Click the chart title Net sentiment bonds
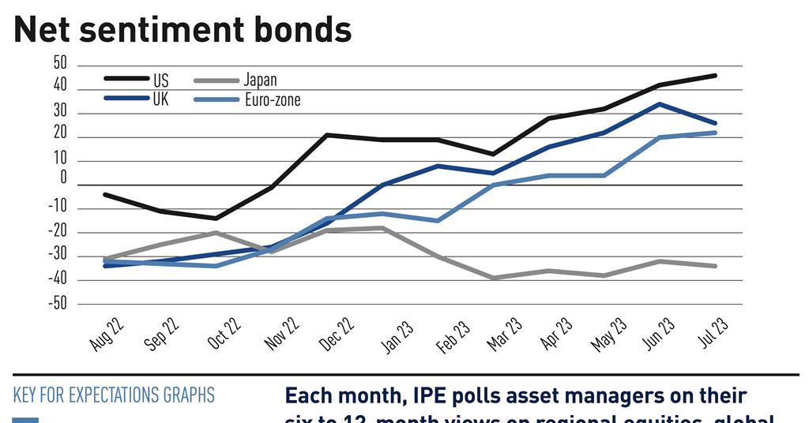point(182,29)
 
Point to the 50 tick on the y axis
point(60,64)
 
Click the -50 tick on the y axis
point(58,304)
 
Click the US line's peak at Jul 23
point(716,76)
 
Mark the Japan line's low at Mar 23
point(494,278)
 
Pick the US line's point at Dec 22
point(327,135)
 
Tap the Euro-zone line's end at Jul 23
point(716,133)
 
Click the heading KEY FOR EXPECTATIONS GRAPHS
point(114,395)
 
